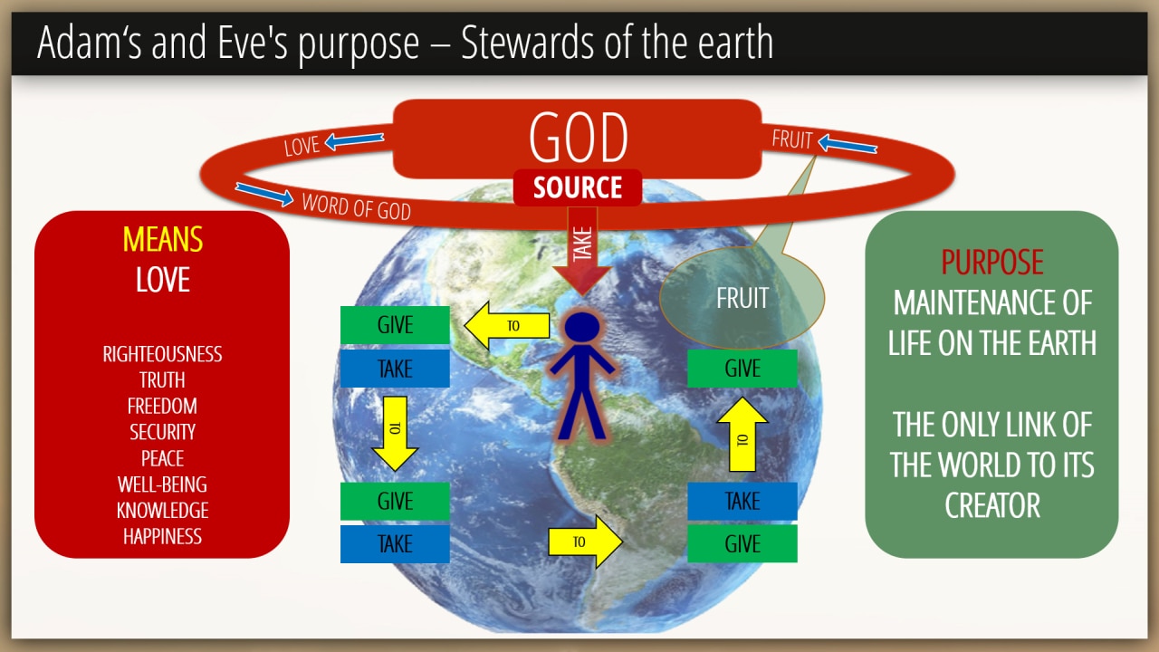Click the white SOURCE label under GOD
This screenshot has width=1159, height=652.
coord(578,187)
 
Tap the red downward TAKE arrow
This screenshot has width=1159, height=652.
coord(582,252)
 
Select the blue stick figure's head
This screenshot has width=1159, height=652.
coord(582,327)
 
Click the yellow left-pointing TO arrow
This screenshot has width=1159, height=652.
coord(506,325)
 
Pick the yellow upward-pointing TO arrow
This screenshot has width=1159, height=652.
coord(742,434)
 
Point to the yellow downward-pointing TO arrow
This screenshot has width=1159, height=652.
coord(395,434)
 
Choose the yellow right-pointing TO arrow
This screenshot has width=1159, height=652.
coord(585,542)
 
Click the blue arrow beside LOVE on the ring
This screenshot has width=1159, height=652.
coord(354,140)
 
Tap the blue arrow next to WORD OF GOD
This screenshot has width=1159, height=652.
coord(264,194)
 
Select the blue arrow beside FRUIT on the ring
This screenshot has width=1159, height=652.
coord(848,144)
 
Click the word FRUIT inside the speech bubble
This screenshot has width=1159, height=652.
coord(742,298)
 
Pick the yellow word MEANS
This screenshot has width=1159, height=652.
coord(162,239)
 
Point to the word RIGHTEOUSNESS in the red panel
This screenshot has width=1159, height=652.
coord(162,354)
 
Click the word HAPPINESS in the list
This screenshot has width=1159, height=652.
coord(162,537)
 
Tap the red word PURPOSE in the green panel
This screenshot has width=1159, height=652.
coord(991,263)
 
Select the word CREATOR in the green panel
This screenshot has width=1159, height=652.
coord(991,505)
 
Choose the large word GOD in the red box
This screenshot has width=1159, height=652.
coord(578,137)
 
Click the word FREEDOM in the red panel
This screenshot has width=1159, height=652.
coord(162,407)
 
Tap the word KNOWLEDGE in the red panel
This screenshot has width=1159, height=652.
coord(162,510)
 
